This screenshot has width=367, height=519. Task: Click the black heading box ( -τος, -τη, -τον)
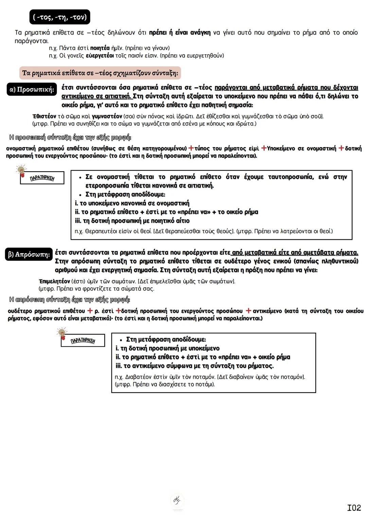pos(60,17)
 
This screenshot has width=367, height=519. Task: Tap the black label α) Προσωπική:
pos(32,90)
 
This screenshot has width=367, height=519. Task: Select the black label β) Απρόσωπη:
pos(29,254)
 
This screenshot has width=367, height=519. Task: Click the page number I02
pos(354,507)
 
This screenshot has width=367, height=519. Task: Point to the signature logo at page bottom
pos(177,500)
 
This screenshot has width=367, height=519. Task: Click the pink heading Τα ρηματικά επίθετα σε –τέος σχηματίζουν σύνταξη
pos(100,73)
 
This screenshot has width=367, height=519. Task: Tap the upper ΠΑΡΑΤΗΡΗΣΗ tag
pos(42,178)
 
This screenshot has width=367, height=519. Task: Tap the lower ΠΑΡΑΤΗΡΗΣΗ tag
pos(83,341)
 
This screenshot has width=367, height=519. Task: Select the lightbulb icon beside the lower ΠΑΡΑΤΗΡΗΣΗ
pos(62,333)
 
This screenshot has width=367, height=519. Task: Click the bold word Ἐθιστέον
pos(44,117)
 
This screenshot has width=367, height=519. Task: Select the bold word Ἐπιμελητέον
pos(54,281)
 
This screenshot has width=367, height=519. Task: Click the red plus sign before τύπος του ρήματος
pos(191,148)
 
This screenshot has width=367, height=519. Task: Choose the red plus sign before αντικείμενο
pos(248,311)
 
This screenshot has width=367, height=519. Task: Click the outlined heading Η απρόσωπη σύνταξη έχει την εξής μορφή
pos(69,300)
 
